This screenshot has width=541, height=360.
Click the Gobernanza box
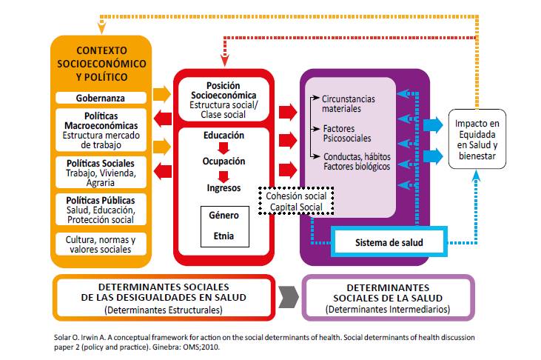101,98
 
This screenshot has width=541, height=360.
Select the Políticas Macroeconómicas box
101,130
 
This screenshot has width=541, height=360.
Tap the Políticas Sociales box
101,173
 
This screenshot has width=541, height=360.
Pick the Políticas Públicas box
101,210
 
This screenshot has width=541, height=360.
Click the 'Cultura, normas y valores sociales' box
101,244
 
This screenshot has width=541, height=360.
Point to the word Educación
224,136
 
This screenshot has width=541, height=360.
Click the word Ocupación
224,161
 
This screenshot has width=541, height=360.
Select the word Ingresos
224,188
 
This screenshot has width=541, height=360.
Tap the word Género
224,216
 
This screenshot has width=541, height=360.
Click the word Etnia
224,236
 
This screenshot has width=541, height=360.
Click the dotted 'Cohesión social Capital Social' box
296,201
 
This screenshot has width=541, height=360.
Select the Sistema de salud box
389,242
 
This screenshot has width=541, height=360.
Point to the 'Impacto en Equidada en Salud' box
477,139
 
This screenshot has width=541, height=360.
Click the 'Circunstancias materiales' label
349,104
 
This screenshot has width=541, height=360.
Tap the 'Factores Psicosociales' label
347,133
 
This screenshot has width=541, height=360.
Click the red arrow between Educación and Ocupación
224,148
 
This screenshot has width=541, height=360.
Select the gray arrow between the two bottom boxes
289,297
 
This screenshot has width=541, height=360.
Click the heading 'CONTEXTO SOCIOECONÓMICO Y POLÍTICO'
101,64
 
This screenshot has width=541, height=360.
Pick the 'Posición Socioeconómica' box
224,99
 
